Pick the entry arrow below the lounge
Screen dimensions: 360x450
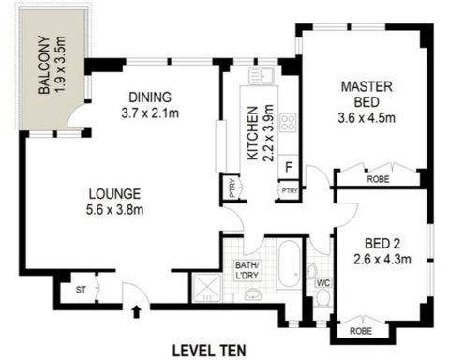click(x=139, y=311)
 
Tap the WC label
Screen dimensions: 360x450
click(x=322, y=277)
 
